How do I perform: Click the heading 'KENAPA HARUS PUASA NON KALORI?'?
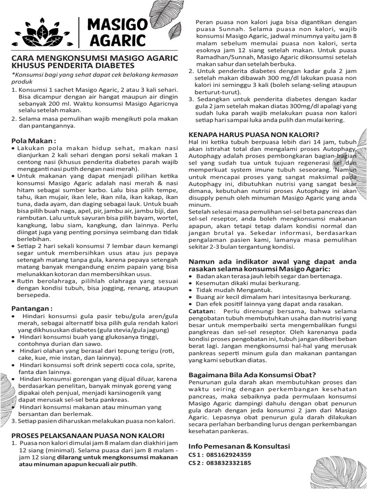click(254, 134)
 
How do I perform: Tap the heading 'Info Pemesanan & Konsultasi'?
click(239, 446)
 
